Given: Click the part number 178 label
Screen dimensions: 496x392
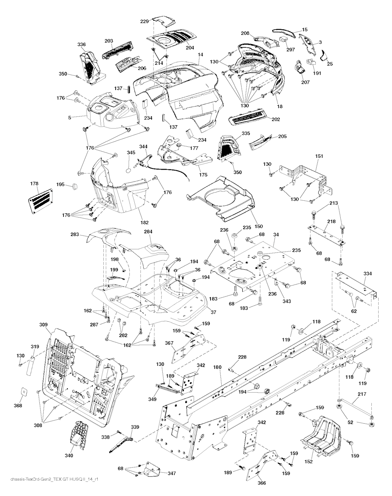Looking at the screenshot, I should coord(34,184).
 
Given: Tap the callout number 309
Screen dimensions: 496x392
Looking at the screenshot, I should coord(43,325).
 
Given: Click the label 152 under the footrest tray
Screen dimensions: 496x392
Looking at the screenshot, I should coord(309,462).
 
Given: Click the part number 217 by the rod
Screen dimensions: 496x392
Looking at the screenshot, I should coord(362,393).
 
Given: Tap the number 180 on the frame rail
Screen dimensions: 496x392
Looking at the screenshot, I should coord(217,367).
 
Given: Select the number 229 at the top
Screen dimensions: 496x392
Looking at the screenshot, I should coord(144,21).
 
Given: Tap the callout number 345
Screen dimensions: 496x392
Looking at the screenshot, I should coord(131,152).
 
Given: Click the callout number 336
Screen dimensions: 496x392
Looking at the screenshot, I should coord(82,44).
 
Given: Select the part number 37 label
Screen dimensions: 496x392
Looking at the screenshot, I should coord(213,312).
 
